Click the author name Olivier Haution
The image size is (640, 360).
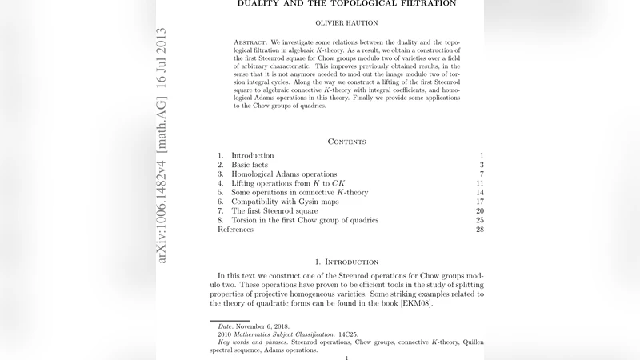tap(346, 24)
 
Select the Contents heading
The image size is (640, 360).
tap(346, 142)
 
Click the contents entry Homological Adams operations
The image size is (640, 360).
tap(284, 174)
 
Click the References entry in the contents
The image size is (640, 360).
tap(235, 230)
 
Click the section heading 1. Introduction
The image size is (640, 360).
tap(346, 262)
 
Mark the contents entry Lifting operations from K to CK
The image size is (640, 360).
tap(288, 183)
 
